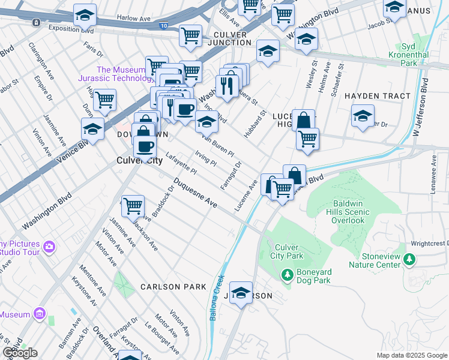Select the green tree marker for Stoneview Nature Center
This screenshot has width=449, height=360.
pos(410,259)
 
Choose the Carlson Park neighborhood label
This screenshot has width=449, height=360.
pos(173,287)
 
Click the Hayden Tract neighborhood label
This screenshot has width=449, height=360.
pos(378,96)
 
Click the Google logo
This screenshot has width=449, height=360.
pos(20,352)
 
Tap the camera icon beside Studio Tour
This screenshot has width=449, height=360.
pos(49,247)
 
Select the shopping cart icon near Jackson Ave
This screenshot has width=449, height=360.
pos(133,206)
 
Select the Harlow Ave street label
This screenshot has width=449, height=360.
pos(133,19)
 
